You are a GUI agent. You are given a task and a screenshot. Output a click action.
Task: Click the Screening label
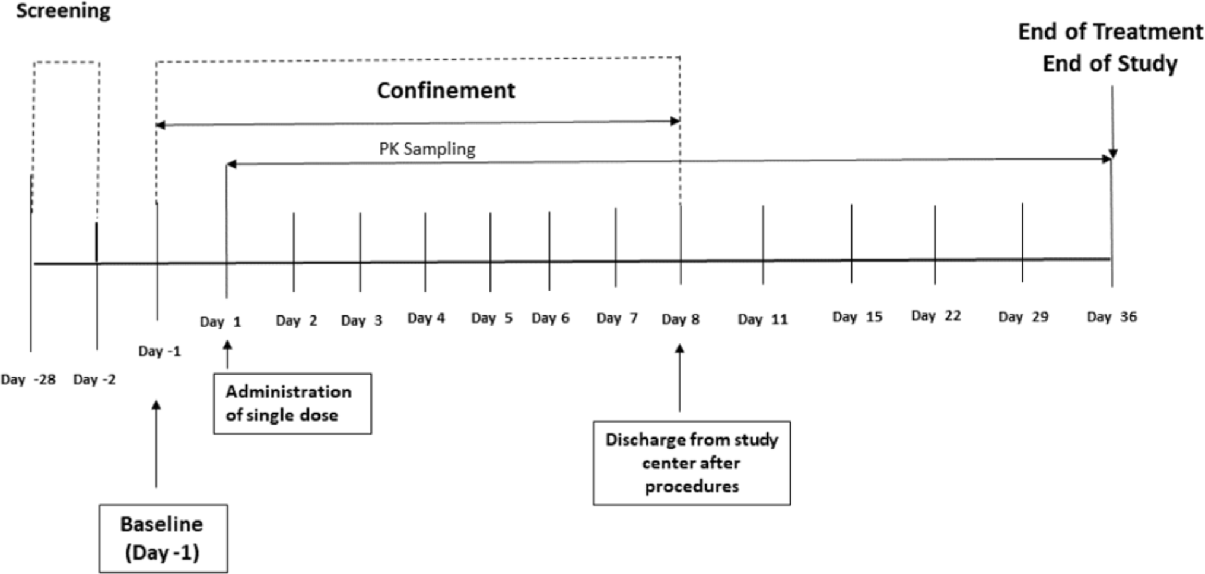[63, 11]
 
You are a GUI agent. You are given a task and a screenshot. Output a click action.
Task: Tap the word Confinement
[446, 90]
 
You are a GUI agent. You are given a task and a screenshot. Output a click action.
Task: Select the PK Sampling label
[427, 148]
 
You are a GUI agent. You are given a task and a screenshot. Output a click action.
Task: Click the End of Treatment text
[1110, 31]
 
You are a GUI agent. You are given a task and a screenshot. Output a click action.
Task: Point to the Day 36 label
[1111, 317]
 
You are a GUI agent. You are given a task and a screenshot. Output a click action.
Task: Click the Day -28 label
[28, 380]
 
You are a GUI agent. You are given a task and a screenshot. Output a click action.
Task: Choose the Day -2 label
[94, 380]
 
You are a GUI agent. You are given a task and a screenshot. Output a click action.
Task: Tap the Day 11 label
[762, 319]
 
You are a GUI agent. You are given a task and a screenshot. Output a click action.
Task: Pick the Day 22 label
[936, 315]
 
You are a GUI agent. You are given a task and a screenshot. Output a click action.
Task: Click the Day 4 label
[425, 318]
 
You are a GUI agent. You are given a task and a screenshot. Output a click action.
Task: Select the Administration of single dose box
[292, 403]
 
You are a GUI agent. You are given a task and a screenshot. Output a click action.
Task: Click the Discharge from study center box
[691, 463]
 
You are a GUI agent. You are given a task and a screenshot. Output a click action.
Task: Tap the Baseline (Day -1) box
[163, 538]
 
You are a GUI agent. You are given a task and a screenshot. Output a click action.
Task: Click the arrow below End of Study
[1112, 122]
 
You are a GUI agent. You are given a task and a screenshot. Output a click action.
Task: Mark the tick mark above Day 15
[851, 243]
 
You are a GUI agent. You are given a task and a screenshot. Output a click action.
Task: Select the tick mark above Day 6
[549, 250]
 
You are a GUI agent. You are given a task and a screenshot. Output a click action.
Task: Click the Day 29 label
[1023, 317]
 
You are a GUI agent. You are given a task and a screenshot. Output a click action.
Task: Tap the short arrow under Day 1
[227, 354]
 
